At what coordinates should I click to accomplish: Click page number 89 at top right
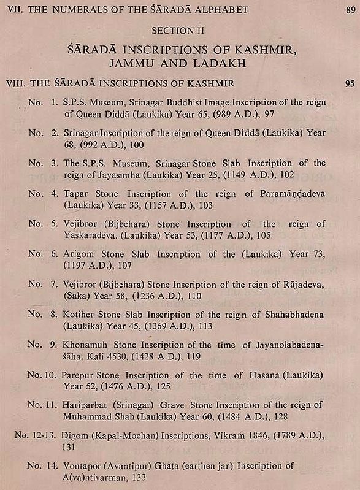click(350, 9)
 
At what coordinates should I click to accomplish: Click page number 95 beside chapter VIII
click(350, 83)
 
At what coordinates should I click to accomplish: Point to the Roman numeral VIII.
click(14, 83)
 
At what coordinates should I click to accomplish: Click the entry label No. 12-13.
click(33, 435)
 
